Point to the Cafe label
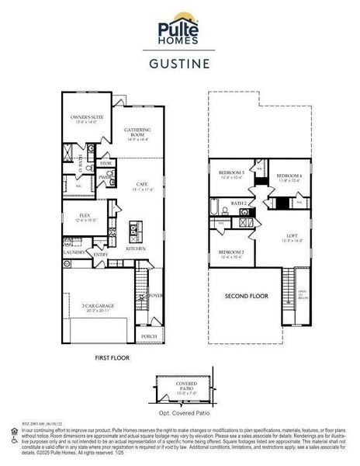(142, 184)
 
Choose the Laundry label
(74, 252)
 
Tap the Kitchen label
(137, 249)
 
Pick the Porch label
(148, 336)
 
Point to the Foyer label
(155, 296)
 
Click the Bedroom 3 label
(231, 173)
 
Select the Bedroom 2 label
(231, 253)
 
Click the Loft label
(292, 238)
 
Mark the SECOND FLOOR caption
(247, 296)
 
